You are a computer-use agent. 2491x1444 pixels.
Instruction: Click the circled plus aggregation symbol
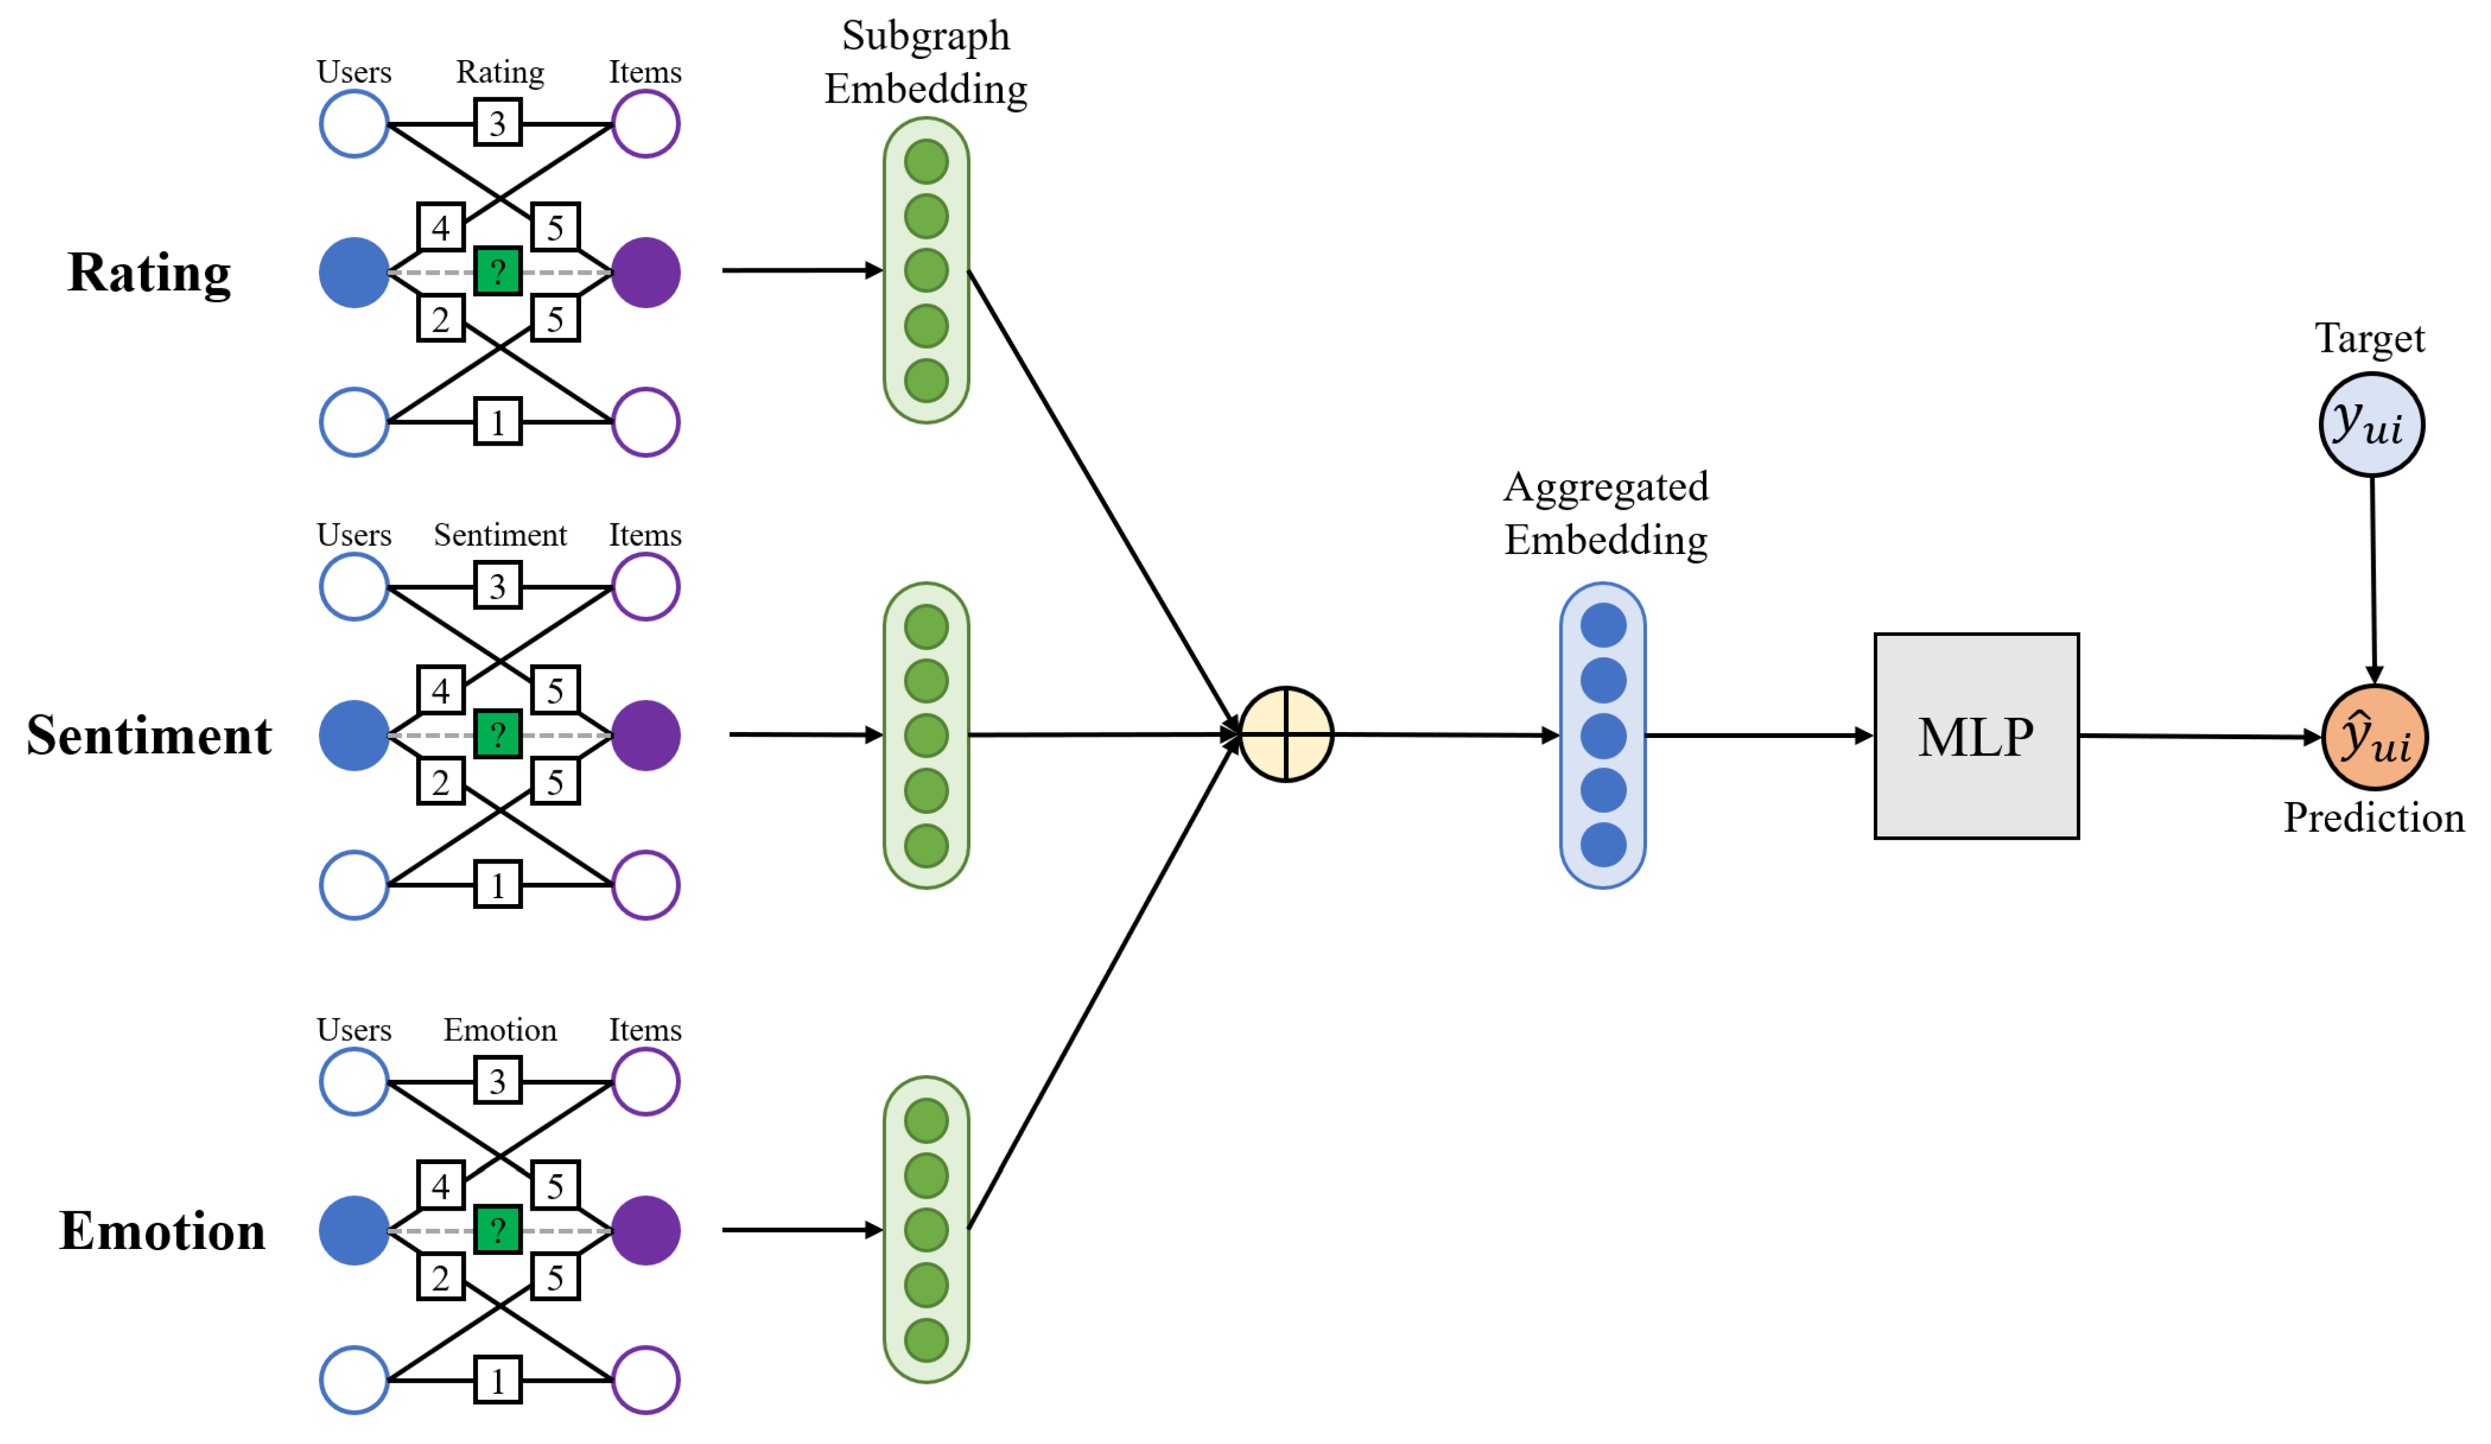tap(1286, 734)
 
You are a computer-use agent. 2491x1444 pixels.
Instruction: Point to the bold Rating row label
tap(149, 273)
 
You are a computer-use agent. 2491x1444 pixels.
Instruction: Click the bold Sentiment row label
tap(149, 736)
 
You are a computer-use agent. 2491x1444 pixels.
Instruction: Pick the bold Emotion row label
tap(162, 1231)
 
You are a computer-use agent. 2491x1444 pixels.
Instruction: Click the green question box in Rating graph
tap(497, 271)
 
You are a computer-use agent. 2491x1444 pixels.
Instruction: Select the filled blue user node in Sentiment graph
tap(354, 736)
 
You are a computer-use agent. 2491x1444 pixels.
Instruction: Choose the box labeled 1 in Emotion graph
tap(497, 1381)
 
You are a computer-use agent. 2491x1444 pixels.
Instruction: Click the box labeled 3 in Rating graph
tap(497, 124)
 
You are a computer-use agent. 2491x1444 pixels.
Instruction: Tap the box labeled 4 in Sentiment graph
tap(441, 690)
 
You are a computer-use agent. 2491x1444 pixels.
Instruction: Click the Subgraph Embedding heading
tap(925, 62)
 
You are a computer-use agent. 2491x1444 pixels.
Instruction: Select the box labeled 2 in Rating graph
tap(441, 319)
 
